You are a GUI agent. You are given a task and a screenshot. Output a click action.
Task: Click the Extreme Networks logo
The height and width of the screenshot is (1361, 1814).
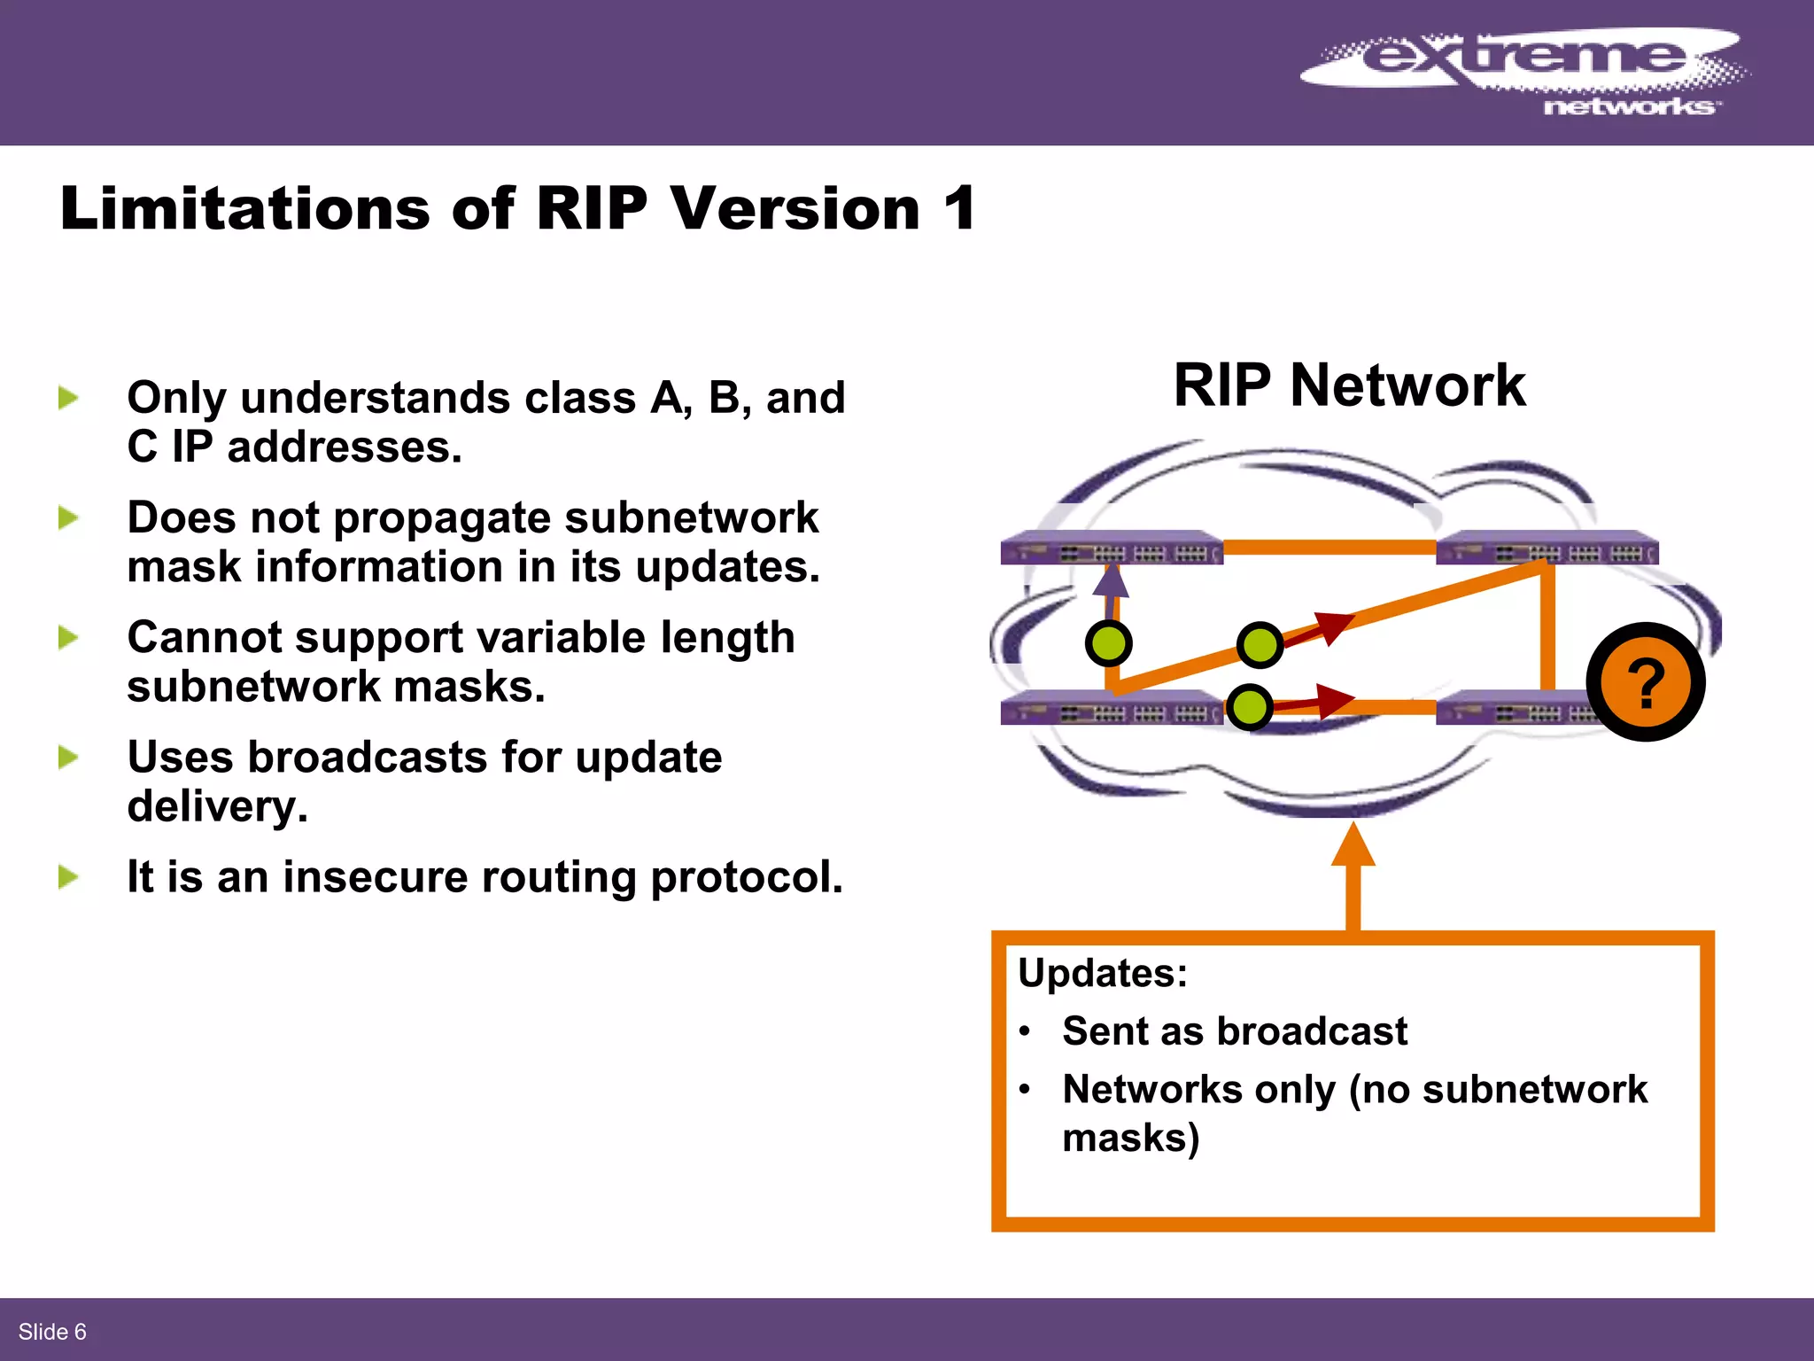[1523, 71]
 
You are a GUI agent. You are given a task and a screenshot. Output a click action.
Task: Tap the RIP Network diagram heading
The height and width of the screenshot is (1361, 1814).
[1349, 385]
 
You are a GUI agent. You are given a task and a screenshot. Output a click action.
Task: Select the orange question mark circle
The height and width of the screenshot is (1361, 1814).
[1645, 682]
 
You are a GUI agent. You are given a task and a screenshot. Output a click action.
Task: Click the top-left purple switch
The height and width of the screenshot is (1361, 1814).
[1112, 548]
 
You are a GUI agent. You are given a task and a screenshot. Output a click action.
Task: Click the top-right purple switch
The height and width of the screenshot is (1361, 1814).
[1547, 548]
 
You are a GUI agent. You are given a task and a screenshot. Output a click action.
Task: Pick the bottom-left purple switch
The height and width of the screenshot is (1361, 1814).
[1112, 708]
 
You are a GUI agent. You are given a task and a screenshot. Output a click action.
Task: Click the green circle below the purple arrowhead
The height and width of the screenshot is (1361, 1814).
[1108, 643]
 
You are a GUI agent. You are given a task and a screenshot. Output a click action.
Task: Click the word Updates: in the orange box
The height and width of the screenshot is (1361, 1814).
[1102, 973]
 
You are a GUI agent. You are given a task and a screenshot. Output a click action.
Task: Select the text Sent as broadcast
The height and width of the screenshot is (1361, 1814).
[1234, 1031]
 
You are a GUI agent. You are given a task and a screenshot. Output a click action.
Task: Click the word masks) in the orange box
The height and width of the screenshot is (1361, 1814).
[1130, 1138]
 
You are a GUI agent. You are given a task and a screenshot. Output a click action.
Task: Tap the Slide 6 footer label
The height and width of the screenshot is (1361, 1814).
[52, 1332]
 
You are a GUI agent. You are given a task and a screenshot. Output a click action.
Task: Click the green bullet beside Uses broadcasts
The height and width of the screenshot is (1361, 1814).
[68, 758]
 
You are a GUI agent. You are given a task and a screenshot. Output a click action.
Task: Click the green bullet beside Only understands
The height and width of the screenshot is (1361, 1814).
[68, 398]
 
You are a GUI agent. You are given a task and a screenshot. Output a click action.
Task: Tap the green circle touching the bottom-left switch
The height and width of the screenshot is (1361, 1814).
[1250, 707]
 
